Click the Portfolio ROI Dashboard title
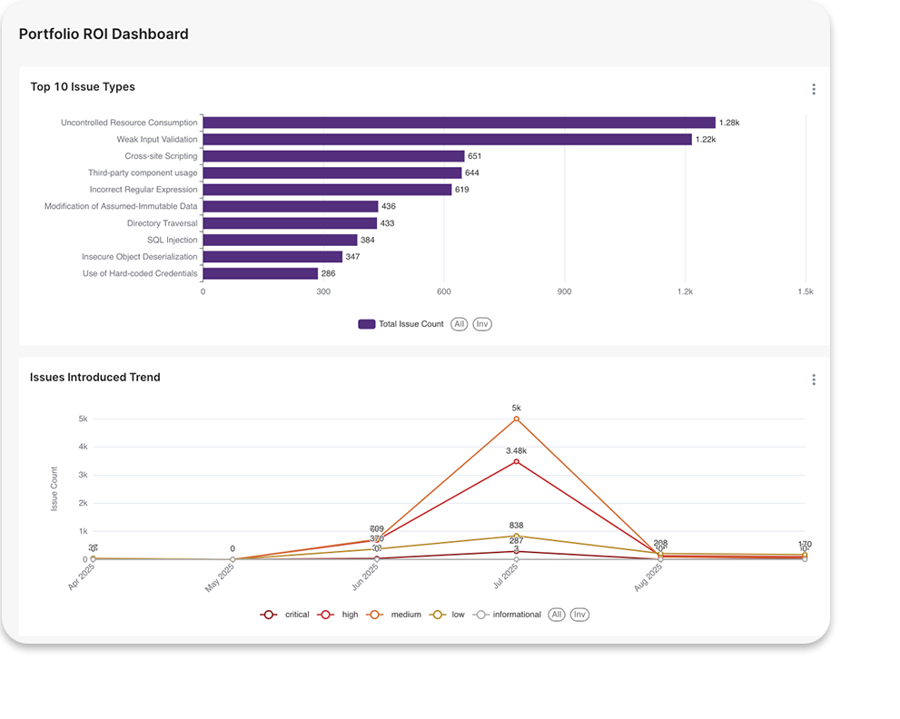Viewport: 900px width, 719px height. [104, 34]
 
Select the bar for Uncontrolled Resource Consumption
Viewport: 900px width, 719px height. [459, 123]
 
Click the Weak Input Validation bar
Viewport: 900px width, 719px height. [447, 140]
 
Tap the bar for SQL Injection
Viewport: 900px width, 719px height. [280, 241]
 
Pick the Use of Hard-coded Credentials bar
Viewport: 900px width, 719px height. [260, 273]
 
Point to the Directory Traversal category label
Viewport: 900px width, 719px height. [162, 223]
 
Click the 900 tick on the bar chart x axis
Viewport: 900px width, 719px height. [564, 291]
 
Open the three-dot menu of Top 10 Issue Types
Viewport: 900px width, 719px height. [813, 89]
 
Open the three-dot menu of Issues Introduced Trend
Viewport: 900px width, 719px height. [813, 379]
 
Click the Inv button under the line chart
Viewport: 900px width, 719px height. [579, 615]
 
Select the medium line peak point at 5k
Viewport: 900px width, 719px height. [517, 419]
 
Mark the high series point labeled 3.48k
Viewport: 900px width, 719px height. [517, 461]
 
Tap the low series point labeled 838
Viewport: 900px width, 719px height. [517, 536]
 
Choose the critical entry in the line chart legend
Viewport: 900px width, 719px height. [286, 615]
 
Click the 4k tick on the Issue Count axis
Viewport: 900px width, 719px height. [83, 447]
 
